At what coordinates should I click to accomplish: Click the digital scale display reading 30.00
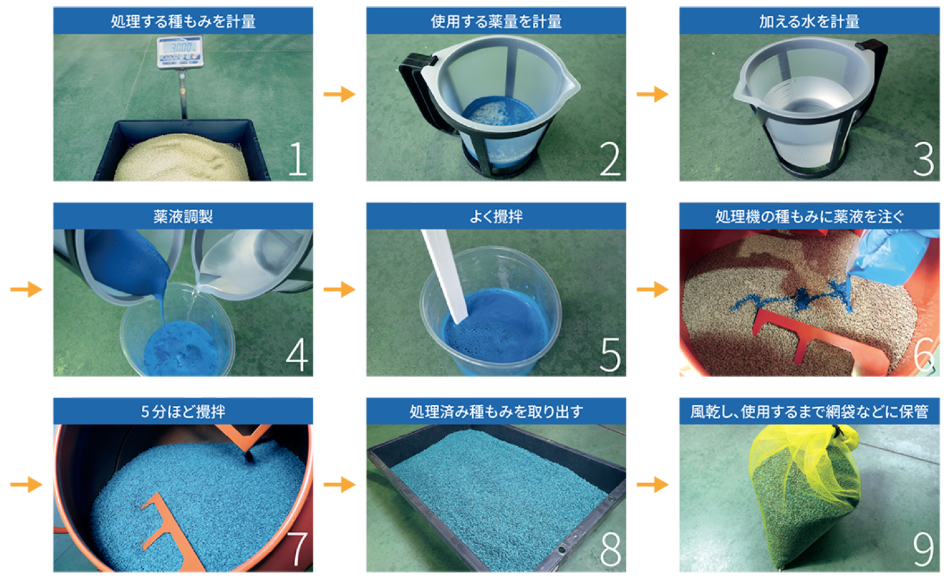(x=180, y=47)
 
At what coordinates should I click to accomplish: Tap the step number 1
(x=297, y=159)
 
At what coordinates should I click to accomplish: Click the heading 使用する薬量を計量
(x=496, y=21)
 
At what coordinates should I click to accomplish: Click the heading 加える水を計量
(x=809, y=21)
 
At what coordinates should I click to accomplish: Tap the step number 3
(x=924, y=159)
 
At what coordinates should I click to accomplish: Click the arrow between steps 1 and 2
(x=339, y=94)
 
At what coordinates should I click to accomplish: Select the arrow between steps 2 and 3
(x=652, y=94)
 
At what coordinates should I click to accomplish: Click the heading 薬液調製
(x=183, y=217)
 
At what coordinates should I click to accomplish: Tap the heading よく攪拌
(x=496, y=217)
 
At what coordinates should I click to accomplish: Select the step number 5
(x=610, y=355)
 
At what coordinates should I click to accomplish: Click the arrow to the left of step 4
(x=26, y=289)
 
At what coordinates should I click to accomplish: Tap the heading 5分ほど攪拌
(x=183, y=412)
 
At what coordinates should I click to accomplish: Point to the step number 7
(x=297, y=550)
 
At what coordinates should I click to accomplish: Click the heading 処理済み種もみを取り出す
(x=496, y=412)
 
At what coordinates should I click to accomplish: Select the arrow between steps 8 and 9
(x=652, y=484)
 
